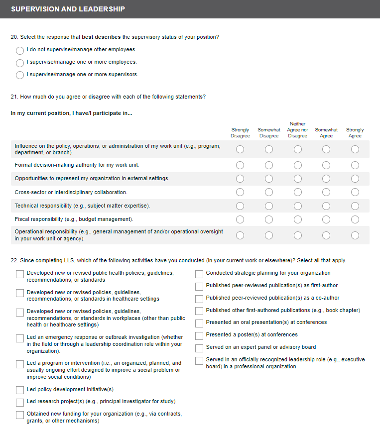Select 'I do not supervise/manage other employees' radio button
[x=20, y=50]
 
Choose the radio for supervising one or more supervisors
[x=20, y=75]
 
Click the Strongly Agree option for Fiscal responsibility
[x=355, y=219]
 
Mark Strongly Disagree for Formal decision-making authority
[x=240, y=165]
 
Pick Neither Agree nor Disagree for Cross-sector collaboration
[x=297, y=193]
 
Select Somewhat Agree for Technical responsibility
[x=326, y=206]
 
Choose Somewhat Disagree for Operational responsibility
[x=269, y=235]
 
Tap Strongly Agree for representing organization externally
[x=355, y=179]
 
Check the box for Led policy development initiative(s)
[x=20, y=390]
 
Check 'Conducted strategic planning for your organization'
[x=199, y=274]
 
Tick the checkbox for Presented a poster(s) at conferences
[x=199, y=335]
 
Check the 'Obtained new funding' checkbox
[x=20, y=415]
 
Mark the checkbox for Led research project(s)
[x=20, y=402]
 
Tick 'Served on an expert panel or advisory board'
[x=199, y=348]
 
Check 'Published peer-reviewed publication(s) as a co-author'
[x=199, y=299]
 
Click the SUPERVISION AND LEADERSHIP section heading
[x=68, y=9]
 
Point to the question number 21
[x=14, y=97]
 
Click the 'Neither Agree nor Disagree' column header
[x=297, y=130]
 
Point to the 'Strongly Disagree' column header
[x=240, y=133]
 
